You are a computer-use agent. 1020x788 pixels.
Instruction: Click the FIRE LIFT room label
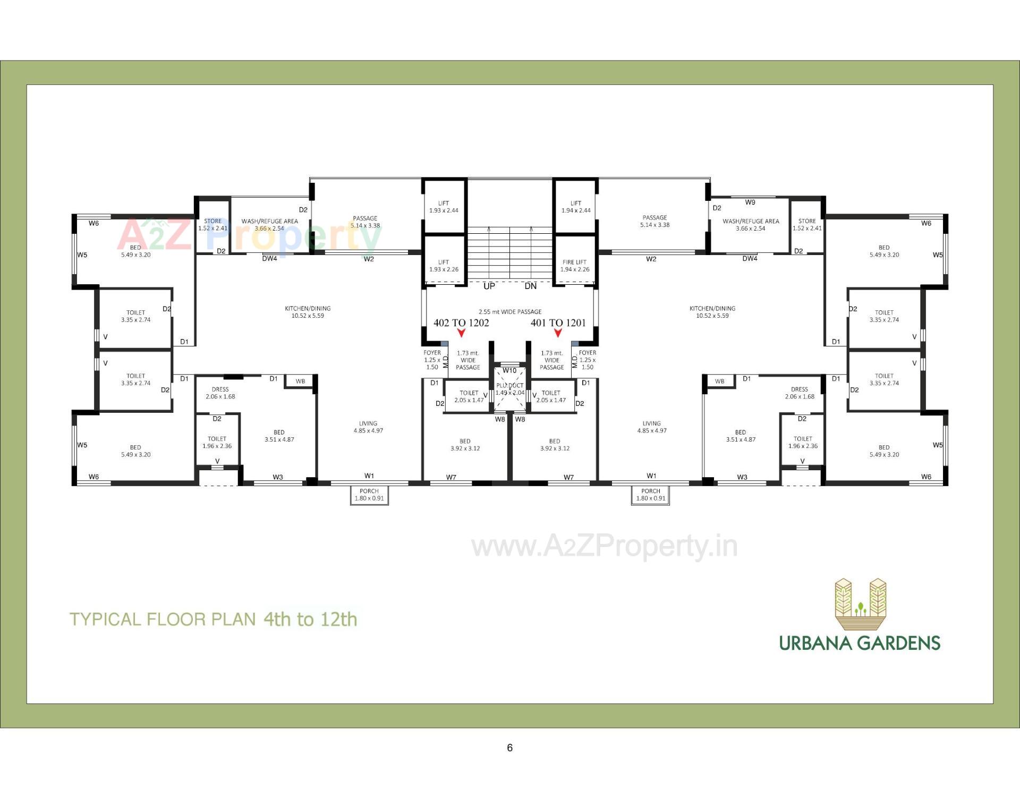[575, 266]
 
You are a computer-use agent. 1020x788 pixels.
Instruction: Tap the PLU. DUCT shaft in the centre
[509, 389]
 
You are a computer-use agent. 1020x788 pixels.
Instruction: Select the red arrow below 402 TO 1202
[461, 333]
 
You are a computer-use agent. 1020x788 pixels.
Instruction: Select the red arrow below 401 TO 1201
[558, 333]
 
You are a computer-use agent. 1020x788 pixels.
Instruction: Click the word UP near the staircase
[489, 286]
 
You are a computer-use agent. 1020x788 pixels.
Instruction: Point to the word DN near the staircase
[530, 286]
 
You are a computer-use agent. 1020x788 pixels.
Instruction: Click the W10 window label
[509, 370]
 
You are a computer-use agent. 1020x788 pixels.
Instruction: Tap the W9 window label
[750, 202]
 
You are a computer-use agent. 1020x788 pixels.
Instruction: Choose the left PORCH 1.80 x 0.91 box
[369, 495]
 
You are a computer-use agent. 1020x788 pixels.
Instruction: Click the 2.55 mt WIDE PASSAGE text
[510, 312]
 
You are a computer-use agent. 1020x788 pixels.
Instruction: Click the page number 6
[509, 748]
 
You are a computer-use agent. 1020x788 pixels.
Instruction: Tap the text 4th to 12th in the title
[310, 620]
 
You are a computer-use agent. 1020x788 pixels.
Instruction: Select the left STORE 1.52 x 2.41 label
[212, 225]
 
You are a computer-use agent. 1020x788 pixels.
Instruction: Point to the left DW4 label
[269, 259]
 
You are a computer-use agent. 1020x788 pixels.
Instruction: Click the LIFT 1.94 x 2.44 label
[576, 207]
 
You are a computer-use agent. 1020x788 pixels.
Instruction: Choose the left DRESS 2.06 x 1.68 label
[220, 393]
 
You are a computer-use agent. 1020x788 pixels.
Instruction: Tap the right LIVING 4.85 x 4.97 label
[651, 427]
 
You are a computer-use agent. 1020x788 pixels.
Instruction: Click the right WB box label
[719, 382]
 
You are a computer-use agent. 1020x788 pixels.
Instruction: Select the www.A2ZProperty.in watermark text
[605, 547]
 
